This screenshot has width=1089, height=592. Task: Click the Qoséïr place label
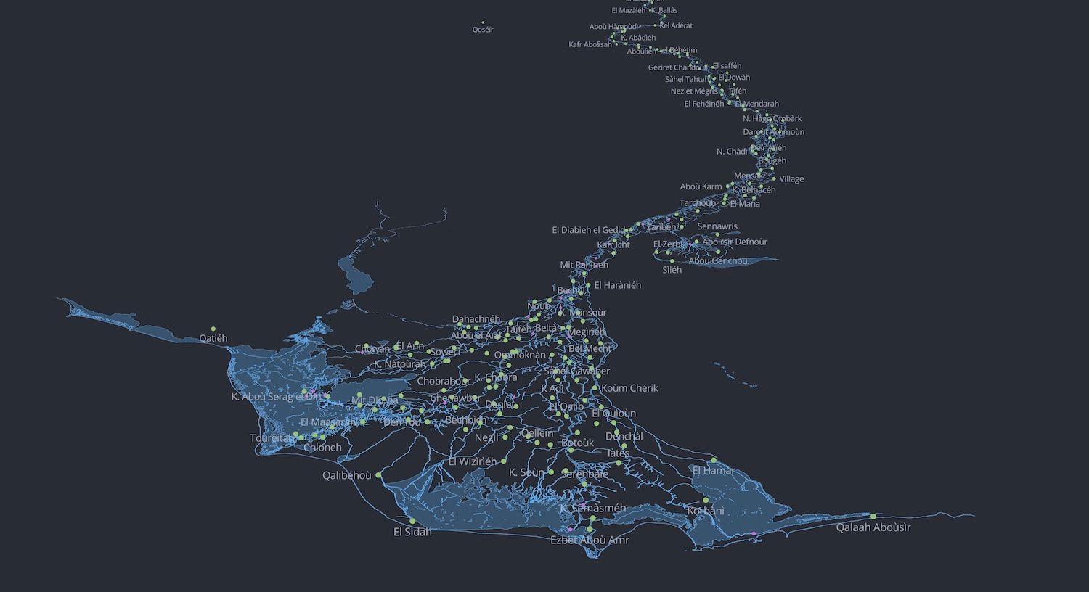tap(483, 30)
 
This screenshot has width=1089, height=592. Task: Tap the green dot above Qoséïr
tap(483, 22)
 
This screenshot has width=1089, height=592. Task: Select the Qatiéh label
tap(213, 338)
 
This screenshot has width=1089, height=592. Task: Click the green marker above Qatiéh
tap(213, 329)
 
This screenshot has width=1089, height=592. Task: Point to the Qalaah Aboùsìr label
tap(873, 527)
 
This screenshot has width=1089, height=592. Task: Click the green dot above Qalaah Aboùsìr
tap(873, 516)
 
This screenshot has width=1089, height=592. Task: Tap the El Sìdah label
tap(412, 532)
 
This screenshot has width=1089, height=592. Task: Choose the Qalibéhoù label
tap(347, 476)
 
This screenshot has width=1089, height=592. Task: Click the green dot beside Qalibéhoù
tap(378, 475)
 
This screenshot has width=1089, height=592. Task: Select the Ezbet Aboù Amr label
tap(590, 540)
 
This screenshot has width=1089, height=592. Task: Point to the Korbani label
tap(706, 511)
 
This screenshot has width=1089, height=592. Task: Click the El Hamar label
tap(714, 471)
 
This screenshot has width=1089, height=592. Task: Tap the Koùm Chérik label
tap(629, 388)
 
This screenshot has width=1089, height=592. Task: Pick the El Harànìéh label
tap(617, 285)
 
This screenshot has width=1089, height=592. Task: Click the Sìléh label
tap(672, 270)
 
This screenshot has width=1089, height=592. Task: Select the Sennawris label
tap(717, 226)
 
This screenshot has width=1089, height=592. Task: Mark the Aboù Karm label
tap(701, 186)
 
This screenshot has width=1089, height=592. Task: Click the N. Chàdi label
tap(732, 152)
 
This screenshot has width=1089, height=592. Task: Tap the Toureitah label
tap(273, 438)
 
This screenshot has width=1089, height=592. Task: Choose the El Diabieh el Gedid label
tap(589, 230)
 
